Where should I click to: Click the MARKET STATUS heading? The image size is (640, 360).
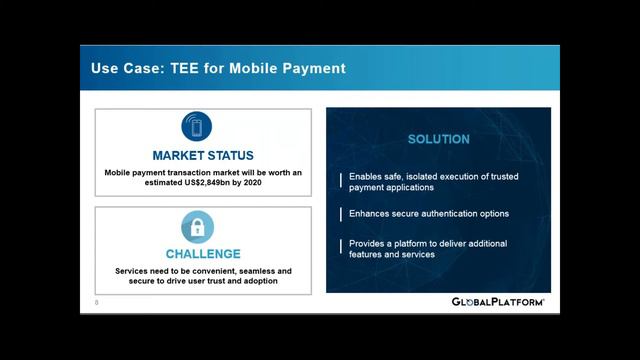(x=203, y=155)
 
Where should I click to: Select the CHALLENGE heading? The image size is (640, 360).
(x=203, y=253)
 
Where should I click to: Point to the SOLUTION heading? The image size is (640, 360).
(x=438, y=139)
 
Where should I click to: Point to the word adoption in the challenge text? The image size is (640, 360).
(x=257, y=281)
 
